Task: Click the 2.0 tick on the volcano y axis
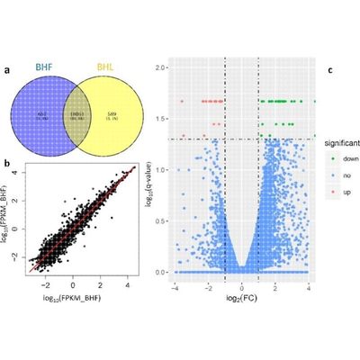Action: coord(158,67)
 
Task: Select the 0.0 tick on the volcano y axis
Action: coord(158,271)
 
